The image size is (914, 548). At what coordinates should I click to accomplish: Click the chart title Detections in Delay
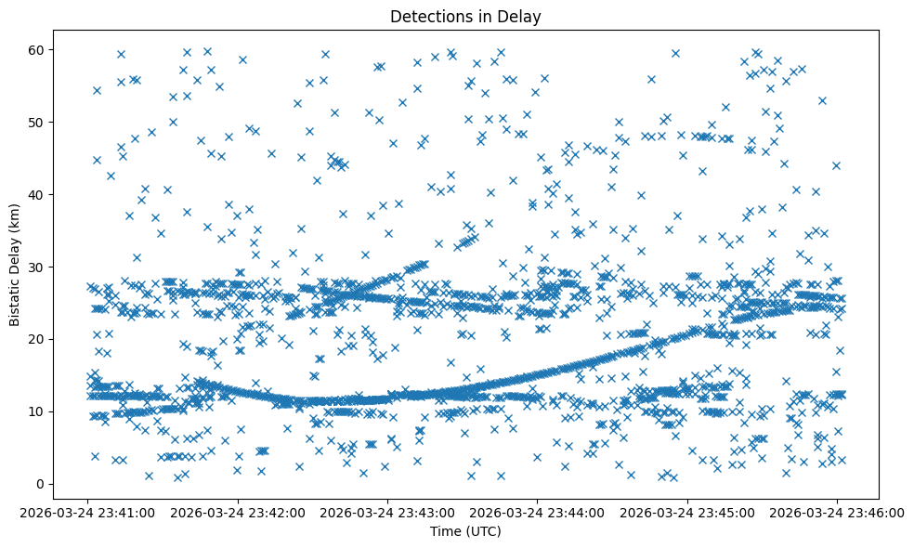465,16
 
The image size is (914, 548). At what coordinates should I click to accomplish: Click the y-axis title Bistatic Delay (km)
15,253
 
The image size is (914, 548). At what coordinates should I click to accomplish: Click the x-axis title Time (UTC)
465,531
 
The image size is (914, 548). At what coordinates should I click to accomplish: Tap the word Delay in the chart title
521,16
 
